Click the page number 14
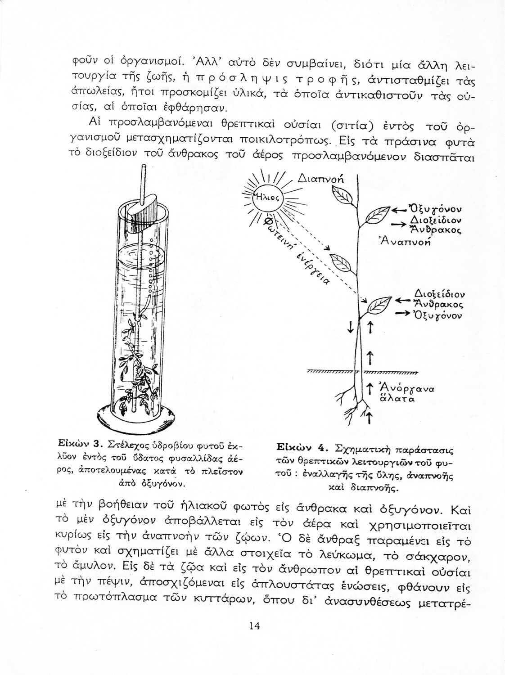tap(254, 626)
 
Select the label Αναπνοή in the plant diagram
tap(405, 241)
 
